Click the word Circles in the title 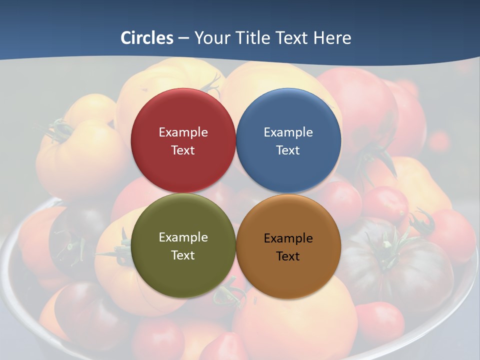coord(147,38)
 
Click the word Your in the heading coord(211,38)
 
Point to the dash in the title coord(183,38)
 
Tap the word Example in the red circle coord(183,132)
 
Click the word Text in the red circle coord(183,150)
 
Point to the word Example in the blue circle coord(288,132)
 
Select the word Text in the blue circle coord(288,150)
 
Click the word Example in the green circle coord(183,237)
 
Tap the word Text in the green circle coord(183,255)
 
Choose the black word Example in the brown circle coord(288,238)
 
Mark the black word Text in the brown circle coord(288,256)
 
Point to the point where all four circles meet coord(235,193)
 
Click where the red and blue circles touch coord(235,140)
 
